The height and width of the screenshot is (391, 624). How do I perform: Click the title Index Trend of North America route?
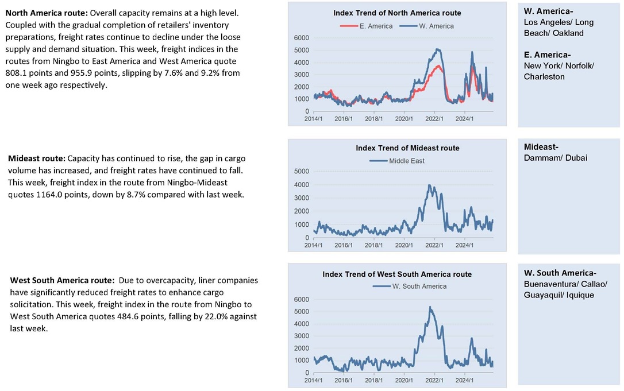(397, 13)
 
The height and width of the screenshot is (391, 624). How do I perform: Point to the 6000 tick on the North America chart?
(301, 38)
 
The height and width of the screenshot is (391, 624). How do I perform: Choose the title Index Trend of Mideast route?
(407, 148)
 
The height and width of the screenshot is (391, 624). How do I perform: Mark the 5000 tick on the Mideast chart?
(301, 171)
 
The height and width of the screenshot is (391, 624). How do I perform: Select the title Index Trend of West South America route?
(397, 274)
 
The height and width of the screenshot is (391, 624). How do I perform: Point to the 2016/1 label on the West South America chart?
(344, 381)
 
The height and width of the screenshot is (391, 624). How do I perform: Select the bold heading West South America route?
(62, 281)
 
